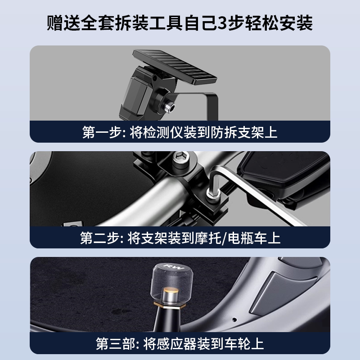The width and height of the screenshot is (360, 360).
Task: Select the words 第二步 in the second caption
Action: (x=96, y=238)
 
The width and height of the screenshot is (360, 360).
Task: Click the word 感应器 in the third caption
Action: (x=180, y=343)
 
